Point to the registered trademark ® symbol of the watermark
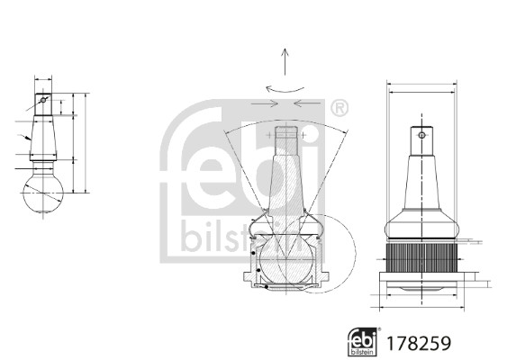tap(340, 110)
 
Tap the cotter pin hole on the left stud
tap(43, 99)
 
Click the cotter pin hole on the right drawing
tap(421, 137)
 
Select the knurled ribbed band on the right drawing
tap(421, 261)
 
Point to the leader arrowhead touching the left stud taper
tap(30, 138)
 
